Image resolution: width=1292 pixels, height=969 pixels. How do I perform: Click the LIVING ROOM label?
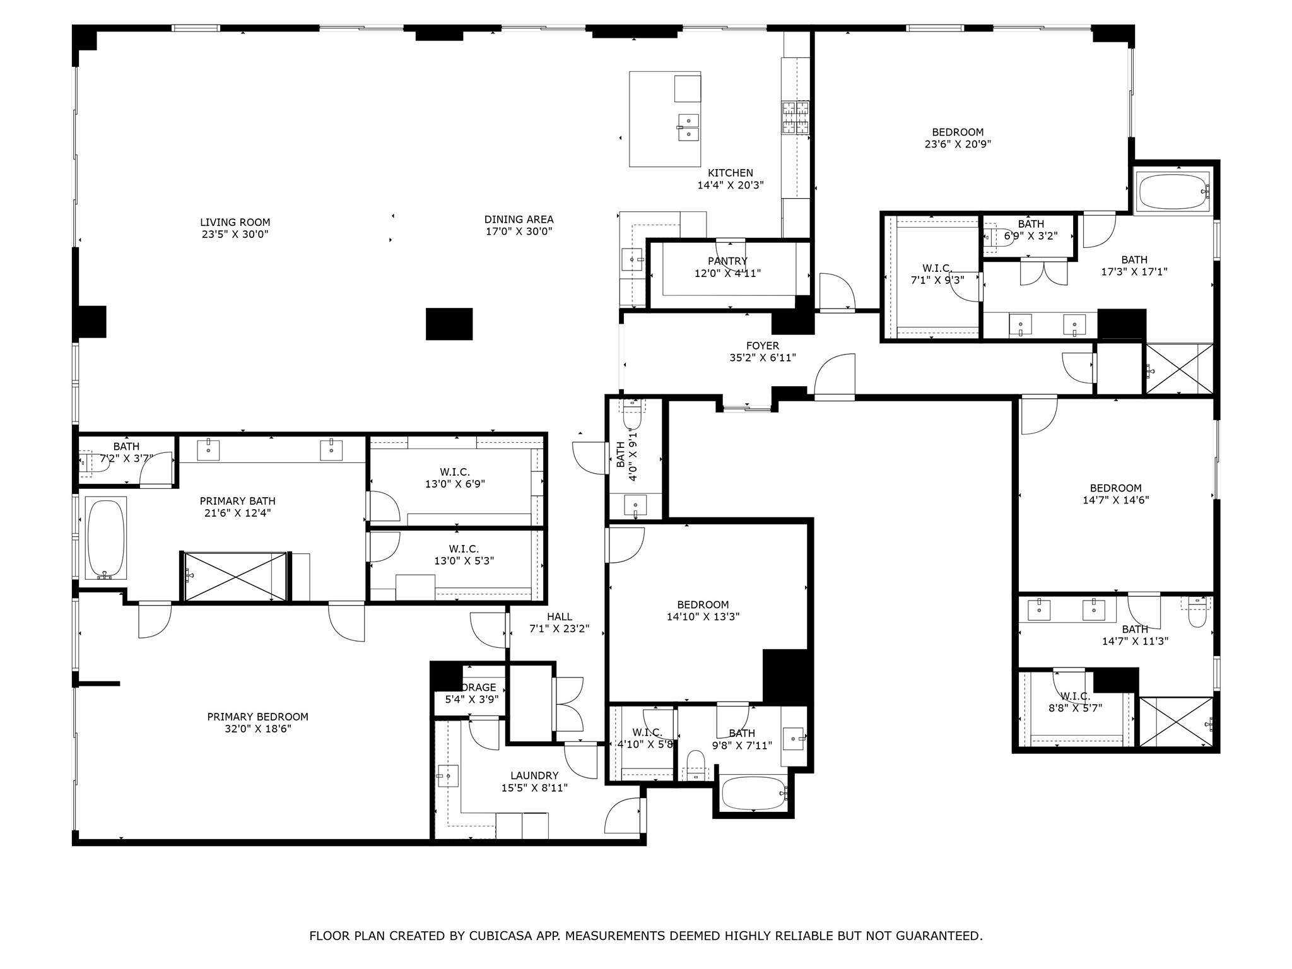pyautogui.click(x=235, y=223)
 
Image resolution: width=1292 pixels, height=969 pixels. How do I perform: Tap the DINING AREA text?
pyautogui.click(x=519, y=220)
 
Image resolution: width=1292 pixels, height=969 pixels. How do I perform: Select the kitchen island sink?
pyautogui.click(x=688, y=127)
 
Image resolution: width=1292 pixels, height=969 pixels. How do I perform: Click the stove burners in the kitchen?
pyautogui.click(x=795, y=118)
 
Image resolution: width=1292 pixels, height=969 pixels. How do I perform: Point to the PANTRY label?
pyautogui.click(x=727, y=261)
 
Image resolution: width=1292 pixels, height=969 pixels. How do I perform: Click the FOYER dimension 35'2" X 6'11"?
pyautogui.click(x=762, y=358)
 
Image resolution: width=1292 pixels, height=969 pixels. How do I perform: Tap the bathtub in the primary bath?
pyautogui.click(x=106, y=538)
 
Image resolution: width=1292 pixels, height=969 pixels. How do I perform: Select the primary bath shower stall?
pyautogui.click(x=235, y=577)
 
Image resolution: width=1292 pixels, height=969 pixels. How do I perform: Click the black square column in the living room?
pyautogui.click(x=449, y=324)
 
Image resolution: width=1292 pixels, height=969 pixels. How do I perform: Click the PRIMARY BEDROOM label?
pyautogui.click(x=257, y=717)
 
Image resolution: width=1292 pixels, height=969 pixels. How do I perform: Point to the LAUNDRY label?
pyautogui.click(x=534, y=775)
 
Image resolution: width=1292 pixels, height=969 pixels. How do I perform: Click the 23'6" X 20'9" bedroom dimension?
pyautogui.click(x=957, y=144)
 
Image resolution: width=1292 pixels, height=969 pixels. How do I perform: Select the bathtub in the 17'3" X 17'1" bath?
pyautogui.click(x=1173, y=191)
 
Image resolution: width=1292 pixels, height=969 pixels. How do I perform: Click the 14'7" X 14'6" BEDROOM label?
pyautogui.click(x=1115, y=488)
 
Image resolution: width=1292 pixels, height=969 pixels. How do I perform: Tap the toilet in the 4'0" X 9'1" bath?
pyautogui.click(x=632, y=416)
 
